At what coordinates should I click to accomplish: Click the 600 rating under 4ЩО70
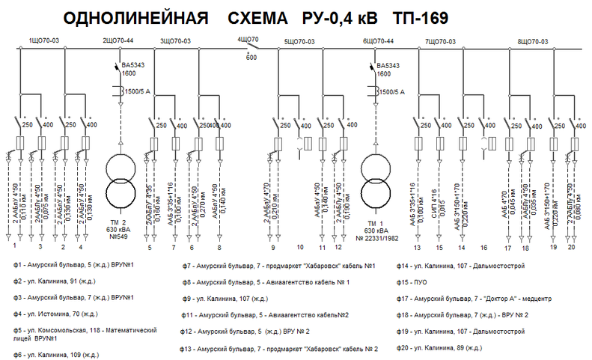[251, 56]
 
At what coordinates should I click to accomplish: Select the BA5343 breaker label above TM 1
[392, 66]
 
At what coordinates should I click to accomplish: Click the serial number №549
[120, 237]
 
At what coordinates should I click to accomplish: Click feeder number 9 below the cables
[273, 246]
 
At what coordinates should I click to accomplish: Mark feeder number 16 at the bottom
[483, 246]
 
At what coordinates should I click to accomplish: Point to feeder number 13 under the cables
[417, 246]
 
